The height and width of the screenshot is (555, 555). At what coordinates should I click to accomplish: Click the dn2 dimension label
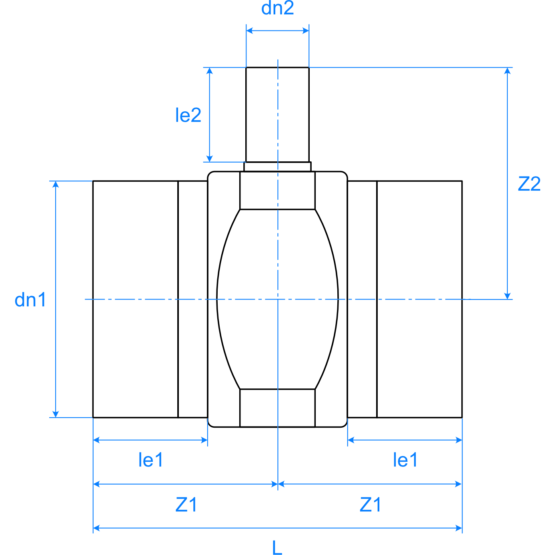coord(277,8)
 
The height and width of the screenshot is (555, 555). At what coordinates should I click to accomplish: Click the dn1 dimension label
coord(30,300)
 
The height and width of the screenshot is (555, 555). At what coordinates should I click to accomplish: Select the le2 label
coord(188,115)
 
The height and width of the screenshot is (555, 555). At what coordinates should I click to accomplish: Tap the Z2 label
coord(529,184)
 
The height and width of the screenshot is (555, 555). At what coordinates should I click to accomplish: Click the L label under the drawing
coord(277,547)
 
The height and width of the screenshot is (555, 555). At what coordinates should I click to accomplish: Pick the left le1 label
coord(150,460)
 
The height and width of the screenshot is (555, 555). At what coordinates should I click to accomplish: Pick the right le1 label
coord(405,460)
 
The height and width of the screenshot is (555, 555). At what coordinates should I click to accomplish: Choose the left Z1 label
coord(186,505)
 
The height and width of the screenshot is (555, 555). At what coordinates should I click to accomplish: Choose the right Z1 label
coord(370,505)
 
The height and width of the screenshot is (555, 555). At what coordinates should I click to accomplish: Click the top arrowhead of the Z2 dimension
coord(507,71)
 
